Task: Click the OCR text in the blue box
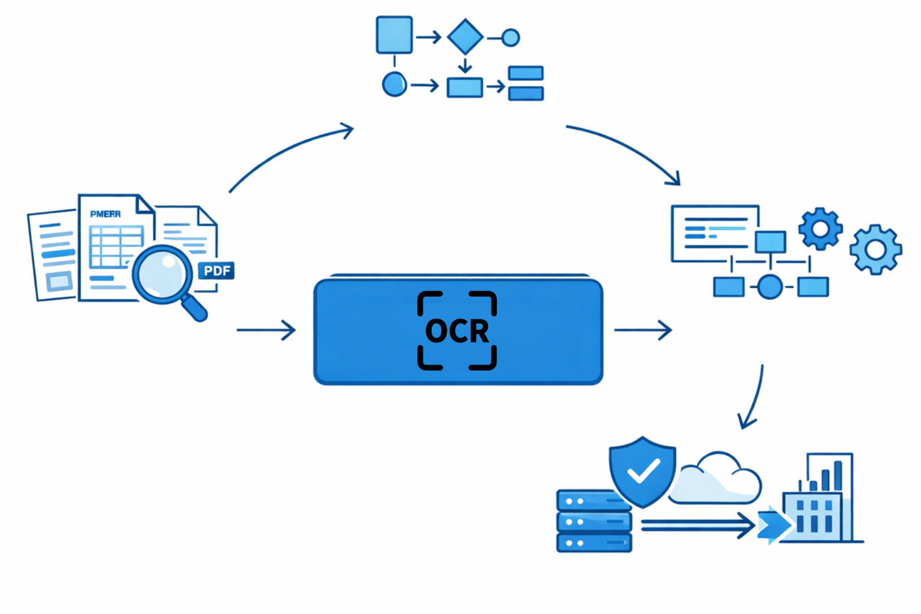pos(457,331)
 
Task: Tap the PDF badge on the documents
pos(216,271)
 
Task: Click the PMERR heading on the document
pos(106,214)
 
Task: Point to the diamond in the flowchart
pos(465,37)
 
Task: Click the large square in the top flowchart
pos(394,35)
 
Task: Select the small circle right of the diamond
pos(510,38)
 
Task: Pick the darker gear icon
pos(820,228)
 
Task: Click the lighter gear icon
pos(875,249)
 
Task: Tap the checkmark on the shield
pos(643,471)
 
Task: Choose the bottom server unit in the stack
pos(594,543)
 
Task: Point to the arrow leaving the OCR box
pos(642,330)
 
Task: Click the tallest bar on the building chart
pos(838,475)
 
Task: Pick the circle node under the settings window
pos(770,287)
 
